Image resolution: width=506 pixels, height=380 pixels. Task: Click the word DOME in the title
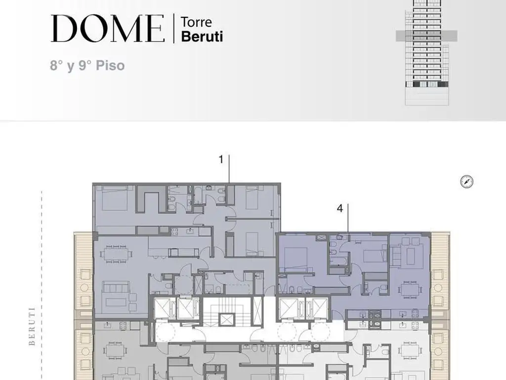(107, 28)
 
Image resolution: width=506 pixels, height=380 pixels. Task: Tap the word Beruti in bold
(202, 36)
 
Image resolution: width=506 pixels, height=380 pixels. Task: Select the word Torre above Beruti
(196, 22)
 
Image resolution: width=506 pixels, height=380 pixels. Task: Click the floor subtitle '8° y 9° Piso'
(87, 65)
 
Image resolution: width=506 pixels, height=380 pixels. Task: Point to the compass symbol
(466, 182)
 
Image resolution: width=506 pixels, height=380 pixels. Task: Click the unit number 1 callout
(221, 159)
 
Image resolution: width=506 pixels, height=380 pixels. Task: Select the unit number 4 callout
(339, 208)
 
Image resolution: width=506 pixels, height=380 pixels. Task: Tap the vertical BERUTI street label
(32, 327)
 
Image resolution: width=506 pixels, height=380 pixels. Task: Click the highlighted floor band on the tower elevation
(426, 36)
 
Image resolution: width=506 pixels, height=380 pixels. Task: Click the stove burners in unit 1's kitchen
(174, 232)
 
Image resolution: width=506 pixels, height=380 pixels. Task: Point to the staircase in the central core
(226, 311)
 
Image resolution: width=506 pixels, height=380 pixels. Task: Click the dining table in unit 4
(410, 290)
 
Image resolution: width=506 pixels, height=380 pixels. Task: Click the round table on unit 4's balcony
(438, 287)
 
